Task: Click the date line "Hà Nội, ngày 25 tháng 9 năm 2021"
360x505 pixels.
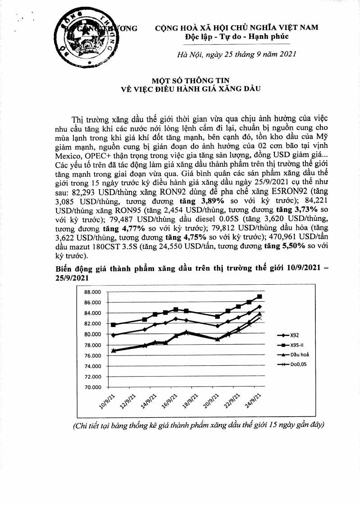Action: (237, 55)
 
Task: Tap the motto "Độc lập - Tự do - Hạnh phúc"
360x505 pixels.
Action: (237, 36)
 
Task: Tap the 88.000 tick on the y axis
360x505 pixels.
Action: (92, 292)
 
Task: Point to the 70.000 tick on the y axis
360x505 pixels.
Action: (92, 387)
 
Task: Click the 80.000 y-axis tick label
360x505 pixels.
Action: (92, 334)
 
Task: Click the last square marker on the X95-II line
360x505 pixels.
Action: (260, 296)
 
